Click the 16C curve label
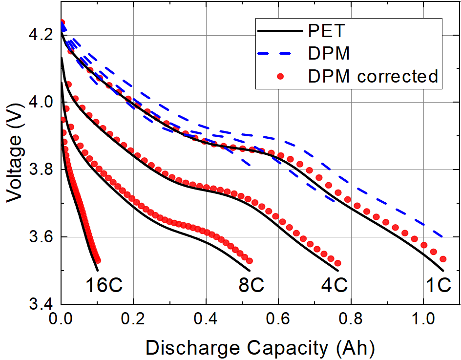tap(105, 285)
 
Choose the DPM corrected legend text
tap(373, 76)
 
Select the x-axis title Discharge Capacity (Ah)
tap(260, 348)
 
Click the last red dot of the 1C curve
tap(443, 259)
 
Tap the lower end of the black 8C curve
tap(250, 270)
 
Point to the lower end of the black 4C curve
tap(338, 270)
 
